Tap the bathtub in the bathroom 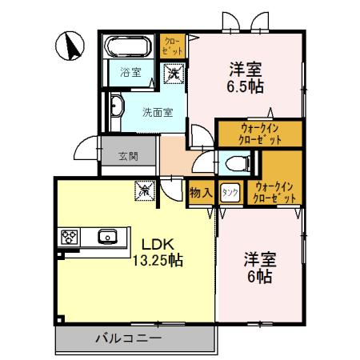(132, 45)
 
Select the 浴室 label (130, 71)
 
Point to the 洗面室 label (158, 112)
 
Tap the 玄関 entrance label (129, 154)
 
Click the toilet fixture (237, 164)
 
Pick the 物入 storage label (201, 193)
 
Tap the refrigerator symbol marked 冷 (145, 190)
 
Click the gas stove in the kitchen (69, 237)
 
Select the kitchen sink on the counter (107, 236)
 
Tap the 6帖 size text (260, 276)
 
